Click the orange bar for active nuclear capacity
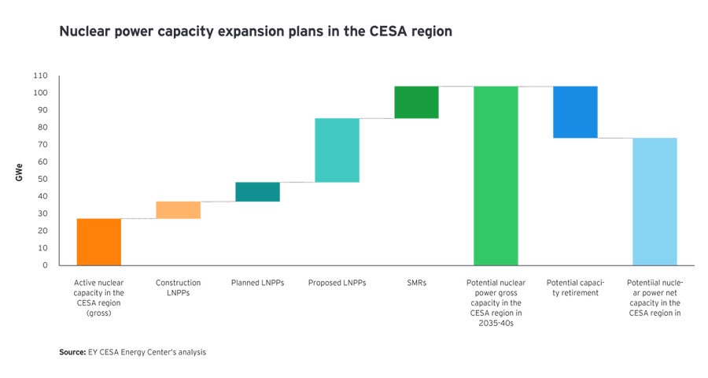click(98, 241)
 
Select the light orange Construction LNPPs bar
click(178, 209)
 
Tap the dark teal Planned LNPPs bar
click(257, 192)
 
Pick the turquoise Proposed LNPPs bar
click(337, 150)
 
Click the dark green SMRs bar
click(416, 102)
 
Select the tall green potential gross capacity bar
click(496, 175)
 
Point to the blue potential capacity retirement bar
click(575, 112)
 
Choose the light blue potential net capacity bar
click(655, 201)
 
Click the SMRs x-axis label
click(416, 282)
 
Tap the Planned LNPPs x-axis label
click(257, 282)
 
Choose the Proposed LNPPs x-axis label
click(337, 282)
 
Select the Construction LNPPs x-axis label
click(178, 287)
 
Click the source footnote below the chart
click(131, 352)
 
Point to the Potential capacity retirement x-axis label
click(575, 287)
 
